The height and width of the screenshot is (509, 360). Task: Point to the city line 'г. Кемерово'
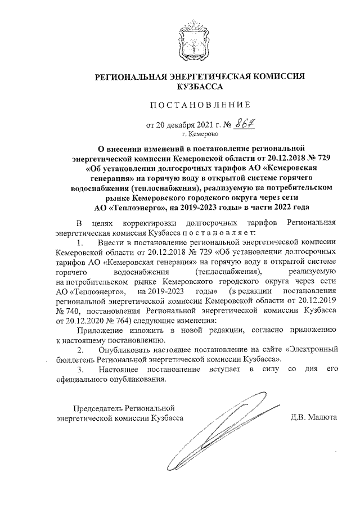[200, 134]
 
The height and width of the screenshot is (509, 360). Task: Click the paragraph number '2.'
[82, 349]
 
